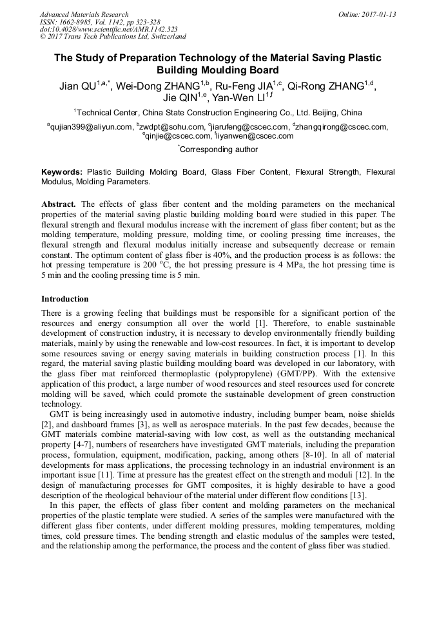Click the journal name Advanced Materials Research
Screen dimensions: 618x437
84,14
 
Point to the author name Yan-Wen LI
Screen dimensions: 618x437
238,97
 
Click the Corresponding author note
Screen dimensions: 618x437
218,150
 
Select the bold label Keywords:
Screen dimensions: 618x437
62,173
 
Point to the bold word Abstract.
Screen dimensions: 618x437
59,204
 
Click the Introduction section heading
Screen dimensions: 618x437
65,299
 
